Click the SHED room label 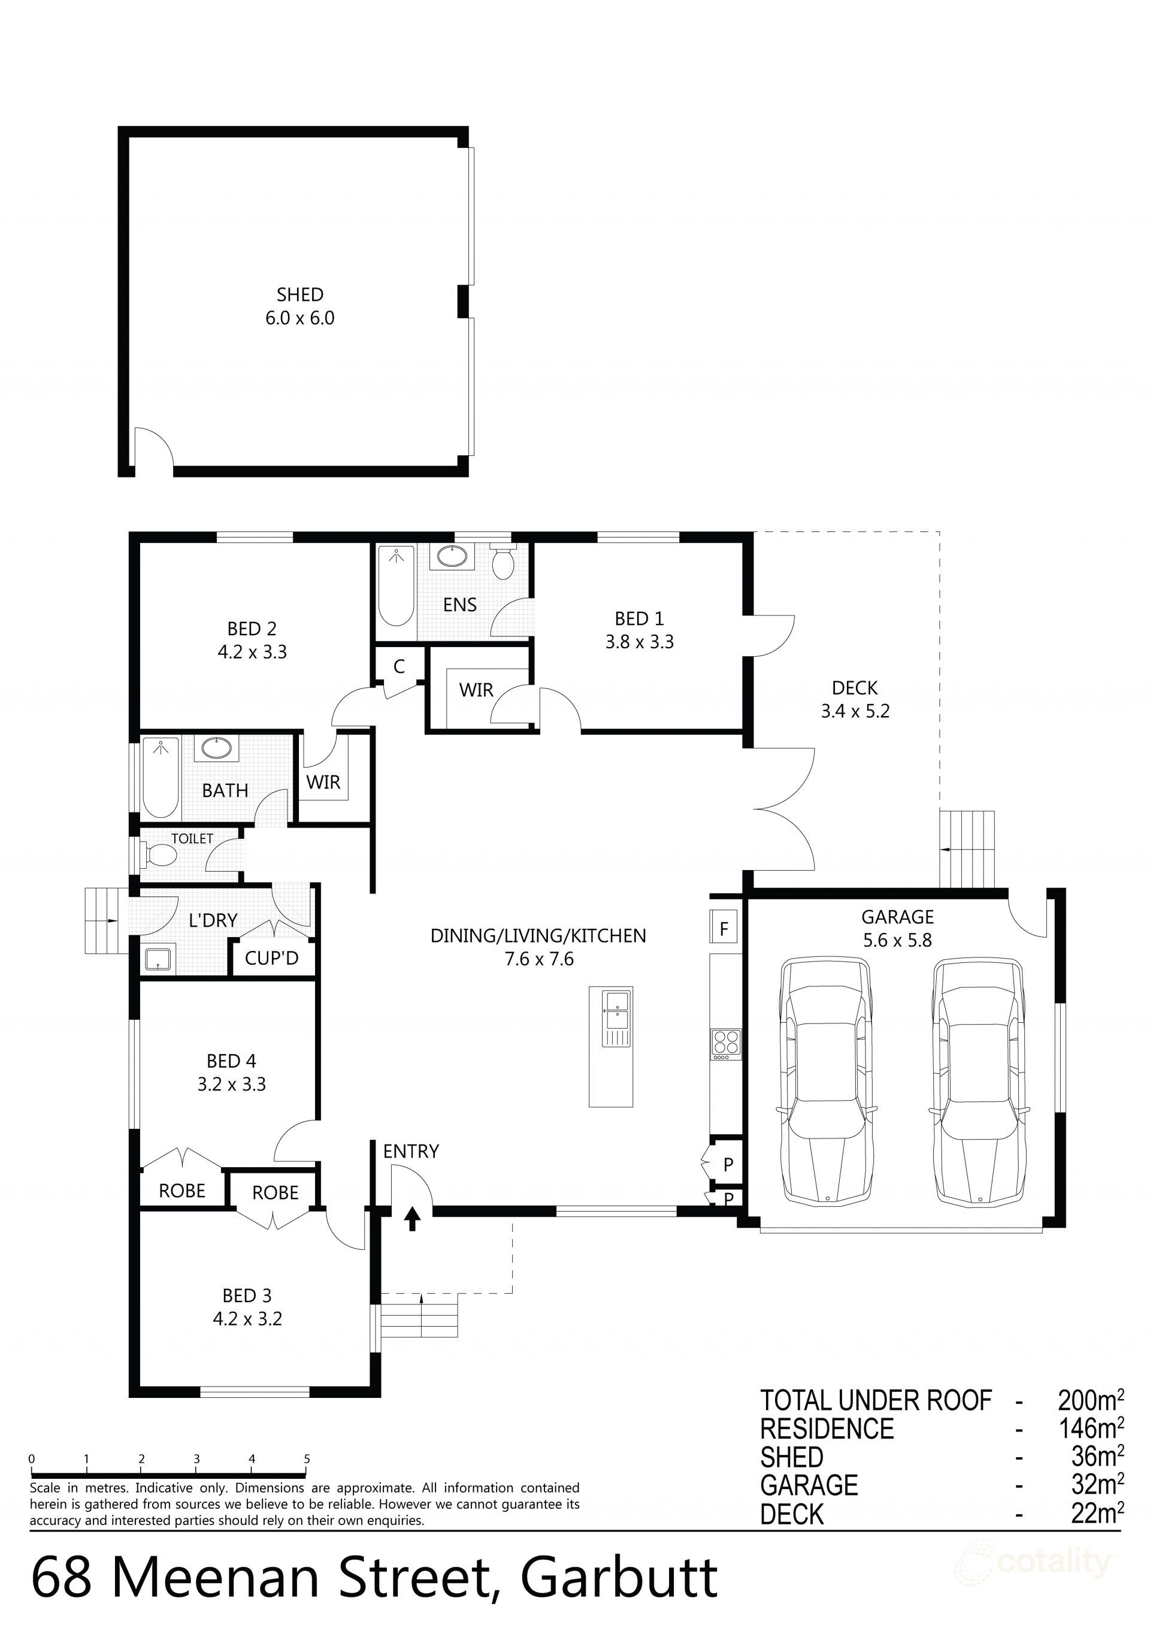(300, 294)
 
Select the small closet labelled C (399, 666)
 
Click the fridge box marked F (724, 928)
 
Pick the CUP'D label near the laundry (271, 959)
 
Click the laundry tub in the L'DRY (155, 959)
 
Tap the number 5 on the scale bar (307, 1459)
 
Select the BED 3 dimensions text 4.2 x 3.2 (247, 1319)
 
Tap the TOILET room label (192, 839)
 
